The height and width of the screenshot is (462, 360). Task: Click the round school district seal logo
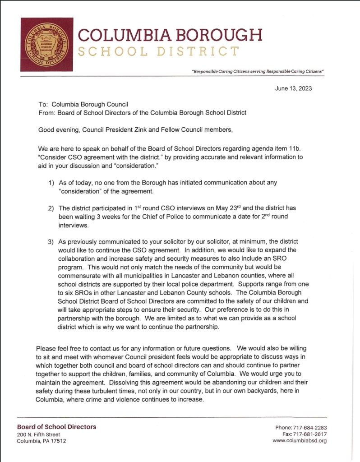(x=46, y=44)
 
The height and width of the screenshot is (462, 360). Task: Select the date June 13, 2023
(x=293, y=88)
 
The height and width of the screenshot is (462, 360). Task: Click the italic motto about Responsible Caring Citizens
(x=258, y=72)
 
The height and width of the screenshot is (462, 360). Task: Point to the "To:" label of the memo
(x=43, y=103)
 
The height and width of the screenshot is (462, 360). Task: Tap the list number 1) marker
(x=51, y=182)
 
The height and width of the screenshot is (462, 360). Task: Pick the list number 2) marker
(x=51, y=208)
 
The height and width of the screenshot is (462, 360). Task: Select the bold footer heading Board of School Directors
(x=56, y=427)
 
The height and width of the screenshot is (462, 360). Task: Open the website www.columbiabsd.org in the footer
(x=300, y=441)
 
